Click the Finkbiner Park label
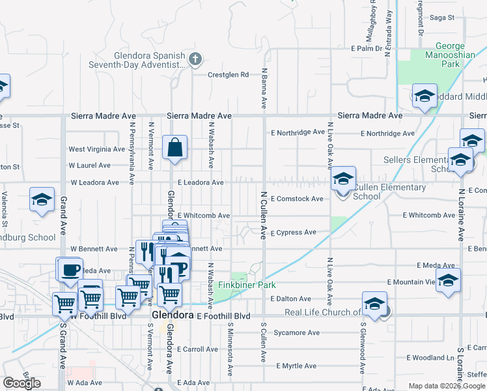(x=247, y=285)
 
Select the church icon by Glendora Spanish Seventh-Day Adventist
(x=195, y=60)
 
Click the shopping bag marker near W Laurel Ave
(x=176, y=148)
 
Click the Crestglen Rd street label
(x=229, y=75)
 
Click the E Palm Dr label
(x=365, y=49)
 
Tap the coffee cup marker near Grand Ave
(x=70, y=270)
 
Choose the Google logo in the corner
(x=21, y=383)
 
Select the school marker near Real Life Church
(x=374, y=304)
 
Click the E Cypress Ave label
(x=293, y=232)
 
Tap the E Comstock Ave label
(x=297, y=199)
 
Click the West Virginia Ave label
(x=94, y=149)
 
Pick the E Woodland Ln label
(x=430, y=358)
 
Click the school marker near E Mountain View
(x=449, y=280)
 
